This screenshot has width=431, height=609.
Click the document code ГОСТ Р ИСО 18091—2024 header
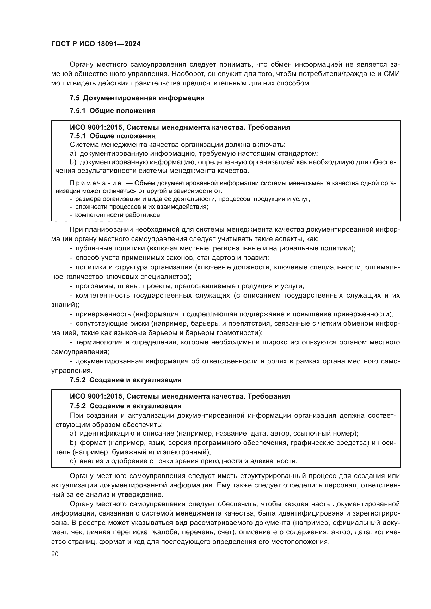(x=96, y=44)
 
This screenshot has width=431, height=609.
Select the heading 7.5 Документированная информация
(x=137, y=98)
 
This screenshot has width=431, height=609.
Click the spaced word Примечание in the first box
(x=96, y=183)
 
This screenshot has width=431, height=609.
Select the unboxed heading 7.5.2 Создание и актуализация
(x=125, y=380)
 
